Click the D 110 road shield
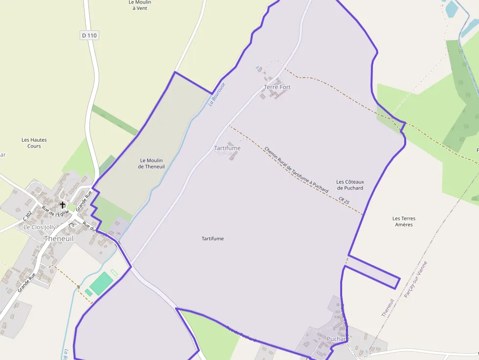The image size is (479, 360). pyautogui.click(x=89, y=35)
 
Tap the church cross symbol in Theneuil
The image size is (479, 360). pyautogui.click(x=63, y=205)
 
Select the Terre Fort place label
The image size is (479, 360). pyautogui.click(x=277, y=87)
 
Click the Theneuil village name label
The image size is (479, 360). pyautogui.click(x=58, y=238)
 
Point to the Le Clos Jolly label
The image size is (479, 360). pyautogui.click(x=40, y=227)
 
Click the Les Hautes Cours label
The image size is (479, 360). pyautogui.click(x=34, y=143)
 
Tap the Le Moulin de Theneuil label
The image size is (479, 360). pyautogui.click(x=152, y=163)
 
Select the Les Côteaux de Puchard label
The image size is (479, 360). pyautogui.click(x=350, y=185)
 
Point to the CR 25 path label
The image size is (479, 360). pyautogui.click(x=344, y=200)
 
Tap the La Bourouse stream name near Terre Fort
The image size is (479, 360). pyautogui.click(x=217, y=94)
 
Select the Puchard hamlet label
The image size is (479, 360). pyautogui.click(x=338, y=339)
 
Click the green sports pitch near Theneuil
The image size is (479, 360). pyautogui.click(x=102, y=283)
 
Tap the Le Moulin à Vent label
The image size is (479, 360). pyautogui.click(x=140, y=5)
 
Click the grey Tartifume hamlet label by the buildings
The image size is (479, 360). pyautogui.click(x=227, y=148)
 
